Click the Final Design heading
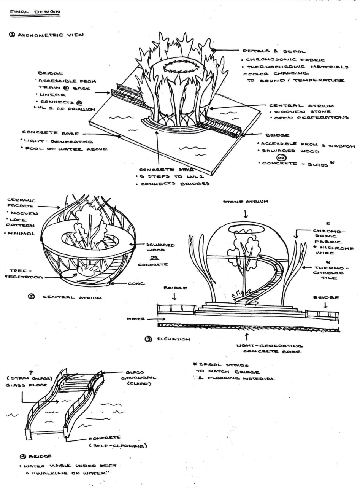point(35,12)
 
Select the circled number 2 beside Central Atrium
point(31,296)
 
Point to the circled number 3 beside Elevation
point(148,339)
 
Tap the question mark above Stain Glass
point(31,373)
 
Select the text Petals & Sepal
point(274,51)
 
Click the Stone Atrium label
point(246,202)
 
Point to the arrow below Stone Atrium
point(246,213)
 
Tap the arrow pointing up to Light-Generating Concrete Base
point(247,337)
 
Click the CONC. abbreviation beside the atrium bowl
point(136,284)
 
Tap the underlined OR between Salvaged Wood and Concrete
point(155,257)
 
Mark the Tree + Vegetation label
point(24,274)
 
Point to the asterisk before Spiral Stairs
point(195,364)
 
